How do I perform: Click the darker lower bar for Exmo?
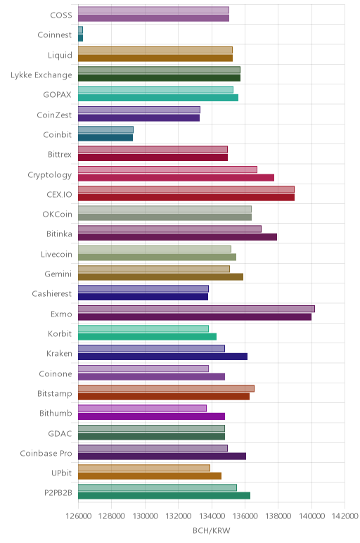point(195,317)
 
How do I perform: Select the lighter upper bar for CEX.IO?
point(186,189)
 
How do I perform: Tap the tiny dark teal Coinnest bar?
point(80,38)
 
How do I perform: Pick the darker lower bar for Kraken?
point(162,357)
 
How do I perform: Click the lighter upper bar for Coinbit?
point(105,130)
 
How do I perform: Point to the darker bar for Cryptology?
point(176,178)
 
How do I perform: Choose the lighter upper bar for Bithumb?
point(142,408)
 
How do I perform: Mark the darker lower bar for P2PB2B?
point(164,496)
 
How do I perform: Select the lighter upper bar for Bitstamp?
point(166,388)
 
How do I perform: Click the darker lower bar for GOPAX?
point(158,98)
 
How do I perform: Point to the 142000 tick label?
point(345,516)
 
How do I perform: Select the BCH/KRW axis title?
point(212,530)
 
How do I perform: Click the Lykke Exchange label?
point(41,75)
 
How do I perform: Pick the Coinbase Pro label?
point(46,453)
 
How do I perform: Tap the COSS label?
point(61,15)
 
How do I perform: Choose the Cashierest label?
point(52,294)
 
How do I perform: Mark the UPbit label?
point(62,473)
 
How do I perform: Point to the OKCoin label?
point(58,215)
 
